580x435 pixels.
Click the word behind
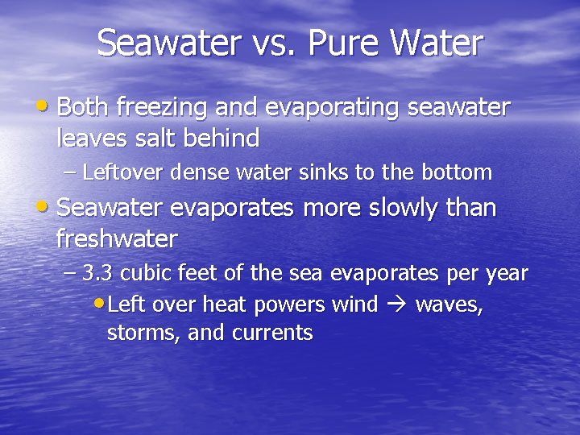[226, 139]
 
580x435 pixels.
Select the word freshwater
[117, 239]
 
